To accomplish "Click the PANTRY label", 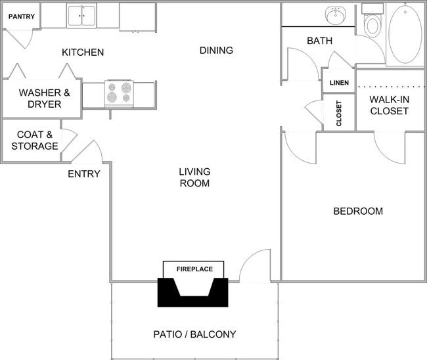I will click(x=21, y=16).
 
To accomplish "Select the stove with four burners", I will click(x=119, y=93).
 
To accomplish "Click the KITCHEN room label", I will click(x=83, y=53).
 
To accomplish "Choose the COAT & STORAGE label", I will click(x=34, y=140).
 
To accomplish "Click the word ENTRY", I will click(x=84, y=174).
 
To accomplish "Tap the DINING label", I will click(x=216, y=51).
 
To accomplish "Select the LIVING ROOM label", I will click(x=194, y=177).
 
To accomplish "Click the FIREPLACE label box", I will click(x=193, y=269).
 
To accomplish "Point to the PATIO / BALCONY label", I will click(x=194, y=334).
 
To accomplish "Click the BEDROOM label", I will click(x=358, y=212).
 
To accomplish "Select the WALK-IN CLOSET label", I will click(x=389, y=105).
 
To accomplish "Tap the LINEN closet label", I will click(x=339, y=83).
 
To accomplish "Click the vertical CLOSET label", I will click(x=339, y=113).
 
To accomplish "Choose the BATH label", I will click(x=319, y=41).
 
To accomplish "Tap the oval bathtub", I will click(x=405, y=34).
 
